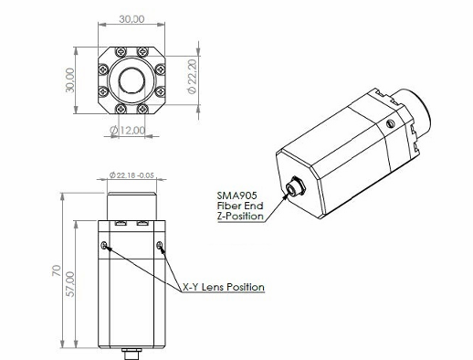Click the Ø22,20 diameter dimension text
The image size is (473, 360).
[x=193, y=76]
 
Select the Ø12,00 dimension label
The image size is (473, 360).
[x=128, y=131]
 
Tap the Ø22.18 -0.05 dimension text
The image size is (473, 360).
[x=131, y=175]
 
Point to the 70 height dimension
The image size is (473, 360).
[x=57, y=270]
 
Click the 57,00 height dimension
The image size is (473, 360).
[x=70, y=284]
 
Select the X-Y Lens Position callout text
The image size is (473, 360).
[x=224, y=287]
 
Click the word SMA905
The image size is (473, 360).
[x=236, y=196]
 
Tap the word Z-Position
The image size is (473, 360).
[x=240, y=216]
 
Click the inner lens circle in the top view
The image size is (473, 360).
[x=131, y=80]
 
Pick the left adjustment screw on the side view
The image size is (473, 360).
[x=104, y=245]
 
